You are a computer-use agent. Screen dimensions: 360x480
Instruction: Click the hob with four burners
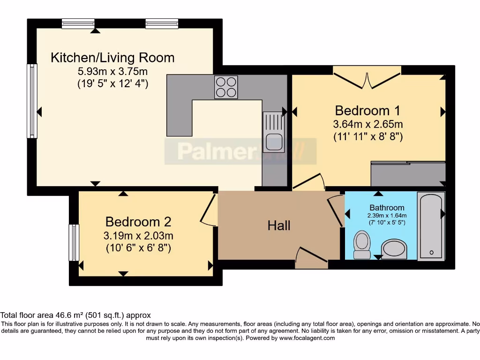[226, 87]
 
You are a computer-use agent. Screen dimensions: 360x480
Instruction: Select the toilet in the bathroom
[361, 244]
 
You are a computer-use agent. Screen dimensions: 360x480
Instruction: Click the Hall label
[279, 226]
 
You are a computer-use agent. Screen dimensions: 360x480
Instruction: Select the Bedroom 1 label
[367, 111]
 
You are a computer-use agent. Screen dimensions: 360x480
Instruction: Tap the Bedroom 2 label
[138, 221]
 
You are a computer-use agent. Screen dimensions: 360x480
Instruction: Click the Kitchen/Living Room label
[112, 58]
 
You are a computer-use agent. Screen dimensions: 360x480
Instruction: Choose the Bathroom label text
[387, 208]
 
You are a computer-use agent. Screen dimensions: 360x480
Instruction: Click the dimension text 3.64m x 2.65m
[368, 124]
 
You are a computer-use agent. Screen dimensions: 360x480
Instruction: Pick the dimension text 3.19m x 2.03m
[138, 235]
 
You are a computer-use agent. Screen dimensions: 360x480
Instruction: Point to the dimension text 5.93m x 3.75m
[112, 72]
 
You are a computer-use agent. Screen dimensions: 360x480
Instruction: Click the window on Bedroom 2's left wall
[74, 242]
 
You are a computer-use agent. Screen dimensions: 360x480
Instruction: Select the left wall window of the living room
[32, 101]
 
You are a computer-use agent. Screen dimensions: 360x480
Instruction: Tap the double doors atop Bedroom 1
[367, 77]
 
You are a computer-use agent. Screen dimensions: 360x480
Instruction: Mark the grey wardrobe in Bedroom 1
[408, 173]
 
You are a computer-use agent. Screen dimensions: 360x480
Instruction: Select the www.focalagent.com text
[307, 338]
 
